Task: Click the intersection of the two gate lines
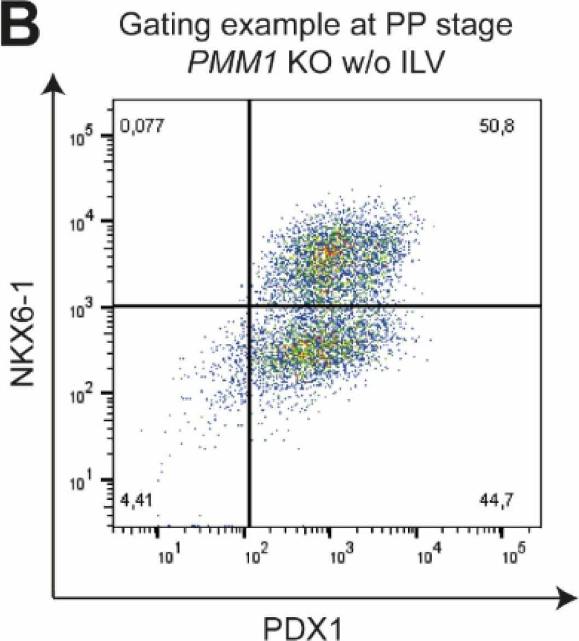250,307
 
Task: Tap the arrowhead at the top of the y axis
53,85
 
